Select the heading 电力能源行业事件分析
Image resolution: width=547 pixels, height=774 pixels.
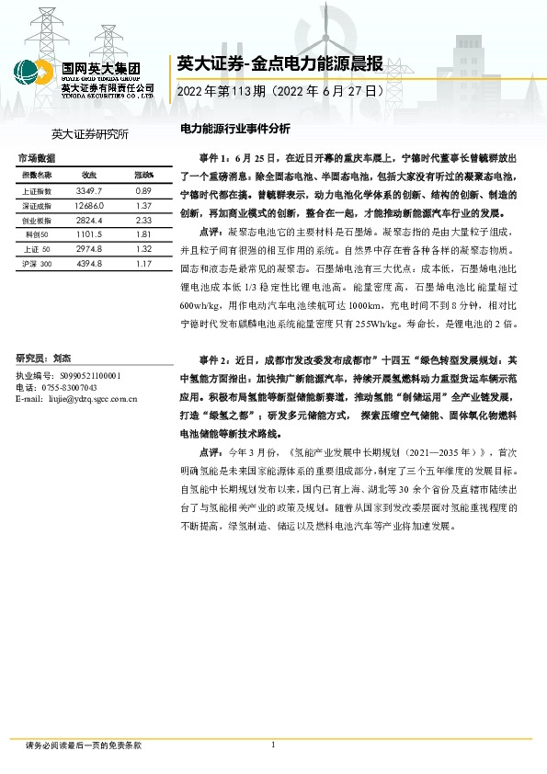(234, 129)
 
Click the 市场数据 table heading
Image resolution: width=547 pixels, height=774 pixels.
(36, 158)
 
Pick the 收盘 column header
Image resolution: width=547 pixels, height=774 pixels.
(89, 175)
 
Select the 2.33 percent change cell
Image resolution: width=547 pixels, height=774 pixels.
(142, 221)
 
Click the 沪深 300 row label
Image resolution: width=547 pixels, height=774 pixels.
(38, 265)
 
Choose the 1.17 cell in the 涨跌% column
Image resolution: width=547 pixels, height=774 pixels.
(142, 265)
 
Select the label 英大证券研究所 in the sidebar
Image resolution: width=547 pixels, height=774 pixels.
(90, 134)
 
